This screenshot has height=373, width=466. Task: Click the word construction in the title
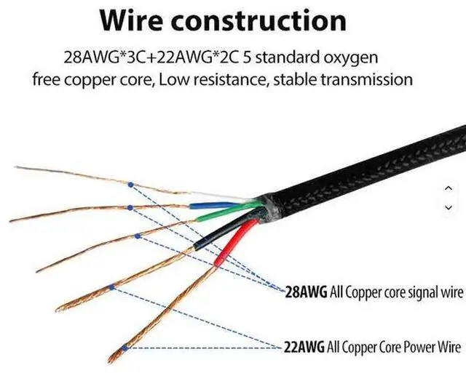(276, 21)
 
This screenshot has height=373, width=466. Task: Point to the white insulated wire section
(218, 196)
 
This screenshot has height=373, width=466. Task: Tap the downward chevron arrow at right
(449, 207)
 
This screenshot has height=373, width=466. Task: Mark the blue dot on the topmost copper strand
(130, 184)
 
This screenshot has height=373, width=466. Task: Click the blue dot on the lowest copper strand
(126, 347)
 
